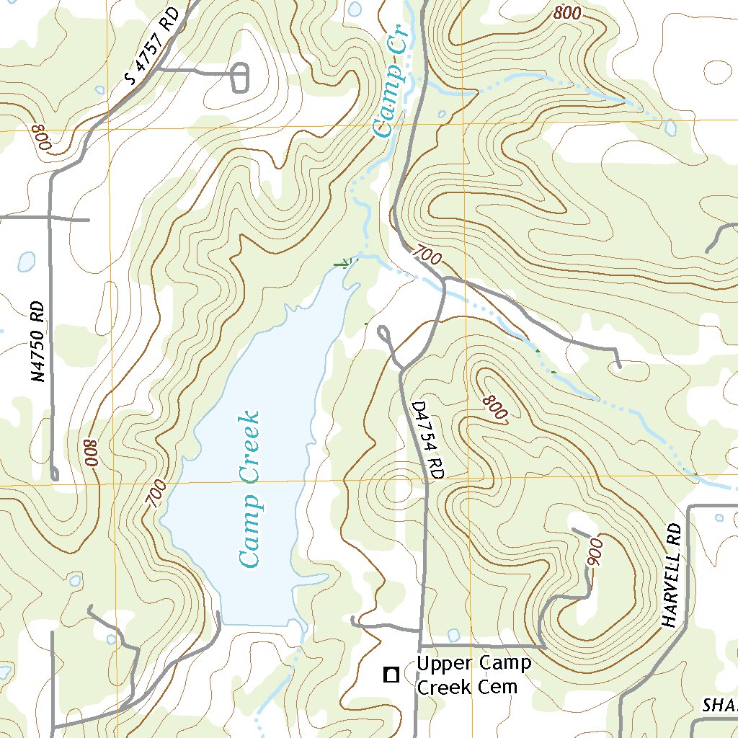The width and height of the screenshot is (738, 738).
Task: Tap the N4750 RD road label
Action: pos(42,342)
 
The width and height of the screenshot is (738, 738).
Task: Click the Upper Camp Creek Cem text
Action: pos(474,675)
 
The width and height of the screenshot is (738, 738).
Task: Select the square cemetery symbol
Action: pos(391,675)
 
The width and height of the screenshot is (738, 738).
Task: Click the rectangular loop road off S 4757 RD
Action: pos(241,78)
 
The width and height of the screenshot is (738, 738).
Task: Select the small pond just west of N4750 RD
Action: pos(26,261)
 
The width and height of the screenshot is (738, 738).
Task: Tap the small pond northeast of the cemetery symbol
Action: pos(453,635)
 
